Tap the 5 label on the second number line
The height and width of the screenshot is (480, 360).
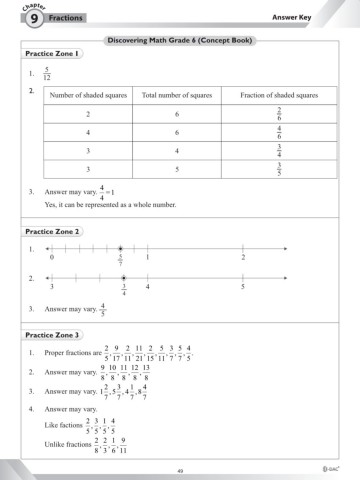tap(242, 287)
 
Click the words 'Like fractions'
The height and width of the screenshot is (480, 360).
tap(63, 425)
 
